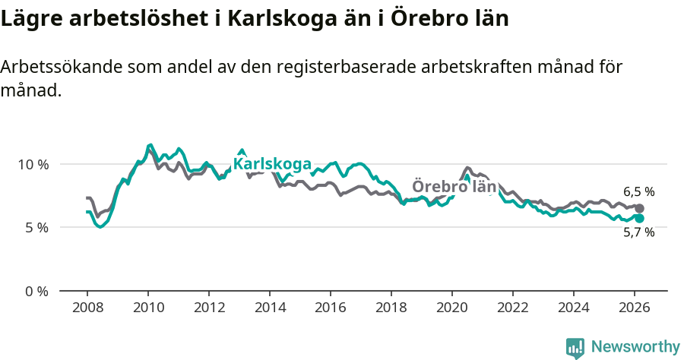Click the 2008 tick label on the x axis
tap(87, 308)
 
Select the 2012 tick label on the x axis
tap(209, 308)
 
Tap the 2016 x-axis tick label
tap(331, 308)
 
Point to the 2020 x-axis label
tap(452, 308)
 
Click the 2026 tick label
tap(635, 308)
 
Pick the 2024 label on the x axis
tap(574, 308)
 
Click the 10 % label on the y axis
tap(33, 164)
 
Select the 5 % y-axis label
tap(36, 228)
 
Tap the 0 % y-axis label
tap(36, 291)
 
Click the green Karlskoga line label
tap(272, 164)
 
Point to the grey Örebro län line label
tap(454, 187)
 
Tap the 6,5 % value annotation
tap(638, 192)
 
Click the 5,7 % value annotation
tap(638, 233)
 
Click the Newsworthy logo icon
tap(575, 348)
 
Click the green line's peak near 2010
tap(150, 145)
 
